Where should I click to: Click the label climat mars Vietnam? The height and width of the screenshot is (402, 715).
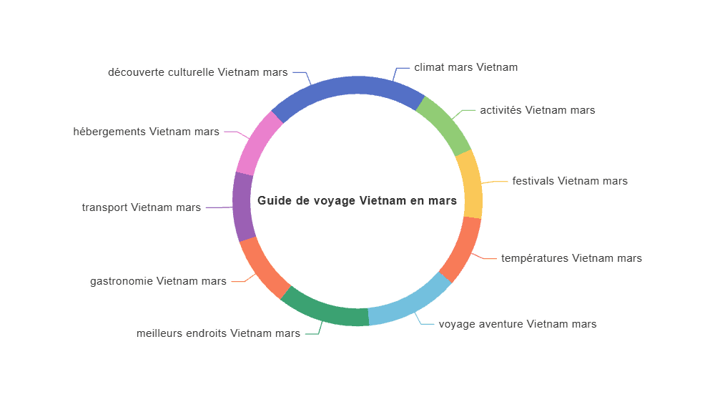tap(465, 67)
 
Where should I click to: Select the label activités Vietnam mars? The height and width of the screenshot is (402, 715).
tap(537, 110)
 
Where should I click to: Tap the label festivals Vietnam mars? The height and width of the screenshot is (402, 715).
tap(570, 181)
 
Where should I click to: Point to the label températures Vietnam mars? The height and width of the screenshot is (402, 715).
tap(571, 258)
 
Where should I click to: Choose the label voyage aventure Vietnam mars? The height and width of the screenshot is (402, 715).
tap(518, 325)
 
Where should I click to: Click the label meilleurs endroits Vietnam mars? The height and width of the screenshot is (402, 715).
tap(218, 333)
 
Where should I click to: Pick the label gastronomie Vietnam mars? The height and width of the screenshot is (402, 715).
tap(158, 281)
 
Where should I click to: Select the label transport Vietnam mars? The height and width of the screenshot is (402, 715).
tap(142, 207)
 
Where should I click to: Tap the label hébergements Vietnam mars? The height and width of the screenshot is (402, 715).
tap(146, 132)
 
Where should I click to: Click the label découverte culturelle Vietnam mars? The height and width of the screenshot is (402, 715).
tap(198, 72)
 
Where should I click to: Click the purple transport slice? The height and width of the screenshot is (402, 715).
tap(243, 207)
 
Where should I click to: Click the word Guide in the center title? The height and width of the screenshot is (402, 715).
tap(273, 201)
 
